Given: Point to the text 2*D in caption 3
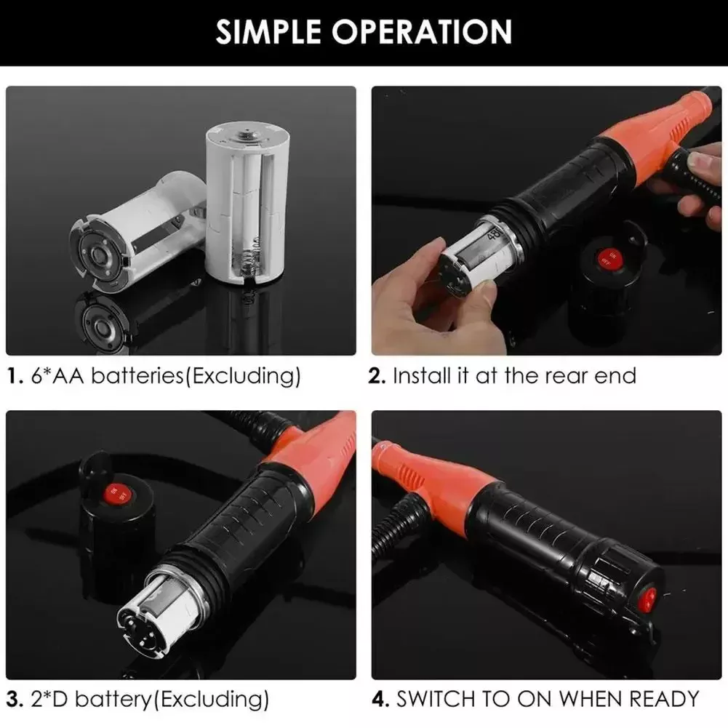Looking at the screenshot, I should pos(53,700).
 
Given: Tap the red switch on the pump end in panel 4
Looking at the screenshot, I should pos(644,598).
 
